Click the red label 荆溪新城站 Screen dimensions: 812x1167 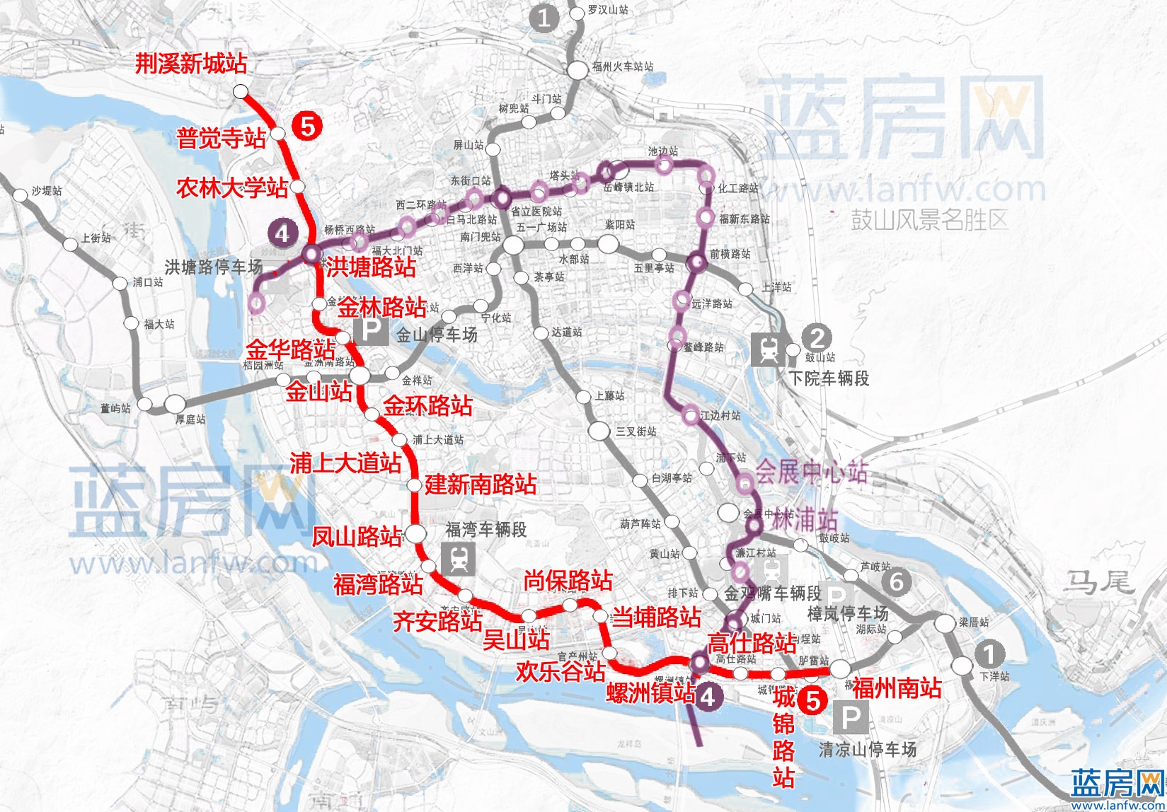pos(191,64)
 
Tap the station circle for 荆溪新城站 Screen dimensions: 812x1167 pos(241,91)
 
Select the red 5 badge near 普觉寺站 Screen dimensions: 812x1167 pos(308,126)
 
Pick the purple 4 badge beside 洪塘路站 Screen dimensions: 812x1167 pos(282,233)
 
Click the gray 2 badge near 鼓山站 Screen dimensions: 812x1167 pos(817,337)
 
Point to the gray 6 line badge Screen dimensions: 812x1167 pos(897,581)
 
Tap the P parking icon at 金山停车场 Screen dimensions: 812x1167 pos(372,330)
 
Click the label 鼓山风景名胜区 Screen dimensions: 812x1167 pos(929,220)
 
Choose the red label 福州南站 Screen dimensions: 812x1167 pos(897,688)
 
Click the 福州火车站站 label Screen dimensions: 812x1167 pos(623,66)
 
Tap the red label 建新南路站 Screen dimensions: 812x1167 pos(481,485)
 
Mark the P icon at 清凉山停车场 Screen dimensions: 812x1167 pos(850,719)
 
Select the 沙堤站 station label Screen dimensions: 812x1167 pos(47,192)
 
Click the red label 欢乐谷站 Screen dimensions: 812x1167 pos(560,671)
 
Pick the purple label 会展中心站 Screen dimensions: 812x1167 pos(811,472)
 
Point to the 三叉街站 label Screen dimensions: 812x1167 pos(636,431)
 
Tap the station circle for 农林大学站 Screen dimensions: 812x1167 pos(298,186)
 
